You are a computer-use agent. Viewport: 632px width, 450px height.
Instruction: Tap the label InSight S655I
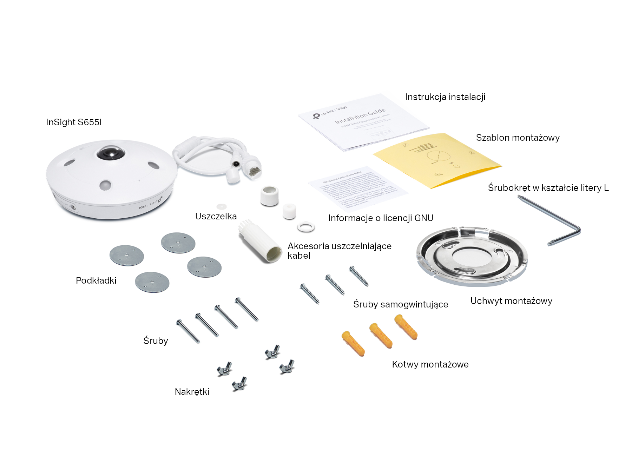[x=74, y=122]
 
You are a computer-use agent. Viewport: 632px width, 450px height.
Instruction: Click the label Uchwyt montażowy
[x=511, y=301]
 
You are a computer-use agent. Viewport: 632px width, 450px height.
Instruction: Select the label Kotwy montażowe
[x=430, y=364]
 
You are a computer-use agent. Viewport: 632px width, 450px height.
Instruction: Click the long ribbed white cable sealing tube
[x=260, y=242]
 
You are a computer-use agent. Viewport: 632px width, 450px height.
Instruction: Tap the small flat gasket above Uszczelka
[x=221, y=206]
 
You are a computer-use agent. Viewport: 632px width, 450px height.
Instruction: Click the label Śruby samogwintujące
[x=400, y=304]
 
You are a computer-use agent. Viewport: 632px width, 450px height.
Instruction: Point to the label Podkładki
[x=96, y=280]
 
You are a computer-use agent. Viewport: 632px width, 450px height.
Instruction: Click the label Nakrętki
[x=192, y=392]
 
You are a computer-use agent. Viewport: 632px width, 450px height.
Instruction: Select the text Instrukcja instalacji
[x=445, y=97]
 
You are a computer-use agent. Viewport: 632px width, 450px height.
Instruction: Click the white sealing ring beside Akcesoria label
[x=306, y=226]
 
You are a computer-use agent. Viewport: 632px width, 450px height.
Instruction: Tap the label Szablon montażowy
[x=518, y=138]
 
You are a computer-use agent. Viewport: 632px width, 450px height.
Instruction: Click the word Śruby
[x=156, y=340]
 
